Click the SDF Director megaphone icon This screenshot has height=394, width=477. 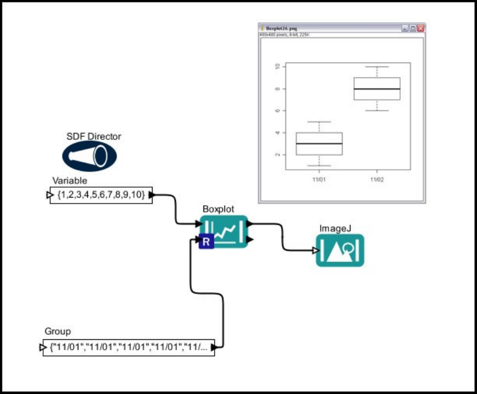[89, 156]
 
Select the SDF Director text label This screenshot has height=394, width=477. [93, 136]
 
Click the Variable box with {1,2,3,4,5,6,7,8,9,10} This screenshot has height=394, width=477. [101, 195]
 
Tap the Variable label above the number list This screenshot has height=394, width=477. [70, 180]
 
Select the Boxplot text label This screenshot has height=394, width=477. [218, 209]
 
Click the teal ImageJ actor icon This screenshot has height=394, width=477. [340, 250]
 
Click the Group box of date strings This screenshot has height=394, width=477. [129, 348]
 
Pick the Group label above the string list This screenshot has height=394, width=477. [57, 331]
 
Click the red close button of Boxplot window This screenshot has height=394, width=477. [421, 28]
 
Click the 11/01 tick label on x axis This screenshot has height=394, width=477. [319, 180]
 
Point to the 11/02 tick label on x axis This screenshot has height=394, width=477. [377, 180]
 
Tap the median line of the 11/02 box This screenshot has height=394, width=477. [377, 89]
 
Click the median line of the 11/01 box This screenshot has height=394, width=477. [319, 143]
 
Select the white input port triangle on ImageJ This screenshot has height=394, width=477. [315, 251]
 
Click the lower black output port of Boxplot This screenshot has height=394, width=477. [250, 240]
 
